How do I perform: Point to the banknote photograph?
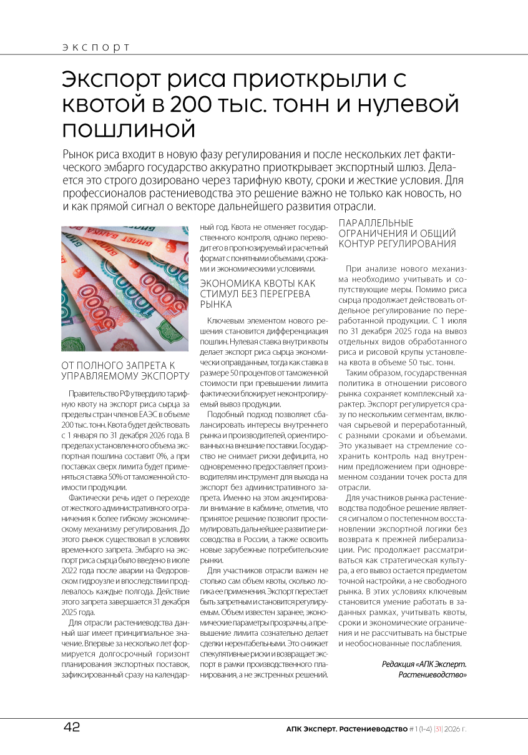click(x=124, y=289)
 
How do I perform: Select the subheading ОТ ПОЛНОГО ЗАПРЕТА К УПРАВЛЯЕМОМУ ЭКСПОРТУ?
click(x=125, y=370)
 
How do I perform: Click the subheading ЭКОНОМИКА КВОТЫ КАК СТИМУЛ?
click(x=257, y=294)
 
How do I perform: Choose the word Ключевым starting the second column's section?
click(x=226, y=320)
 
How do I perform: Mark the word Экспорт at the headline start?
click(x=110, y=79)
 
